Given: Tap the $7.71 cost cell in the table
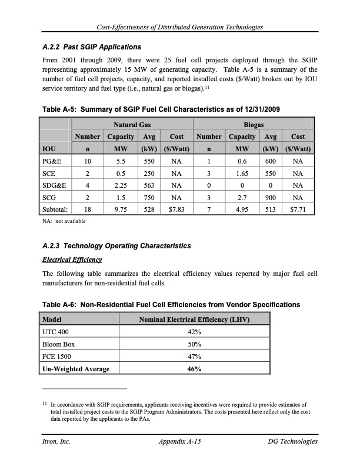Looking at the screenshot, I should [x=298, y=208].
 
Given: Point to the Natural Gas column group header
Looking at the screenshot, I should [x=132, y=125].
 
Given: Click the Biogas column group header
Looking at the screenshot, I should [x=254, y=125].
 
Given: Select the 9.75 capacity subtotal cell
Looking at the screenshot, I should [x=121, y=208].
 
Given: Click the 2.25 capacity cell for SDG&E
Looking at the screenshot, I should [x=121, y=185].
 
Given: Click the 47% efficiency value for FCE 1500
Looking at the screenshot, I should [x=195, y=357].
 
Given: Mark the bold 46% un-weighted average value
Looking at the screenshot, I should [x=195, y=370].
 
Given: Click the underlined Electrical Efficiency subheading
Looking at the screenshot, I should [x=72, y=259].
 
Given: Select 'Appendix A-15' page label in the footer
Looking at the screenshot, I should [x=179, y=441].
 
